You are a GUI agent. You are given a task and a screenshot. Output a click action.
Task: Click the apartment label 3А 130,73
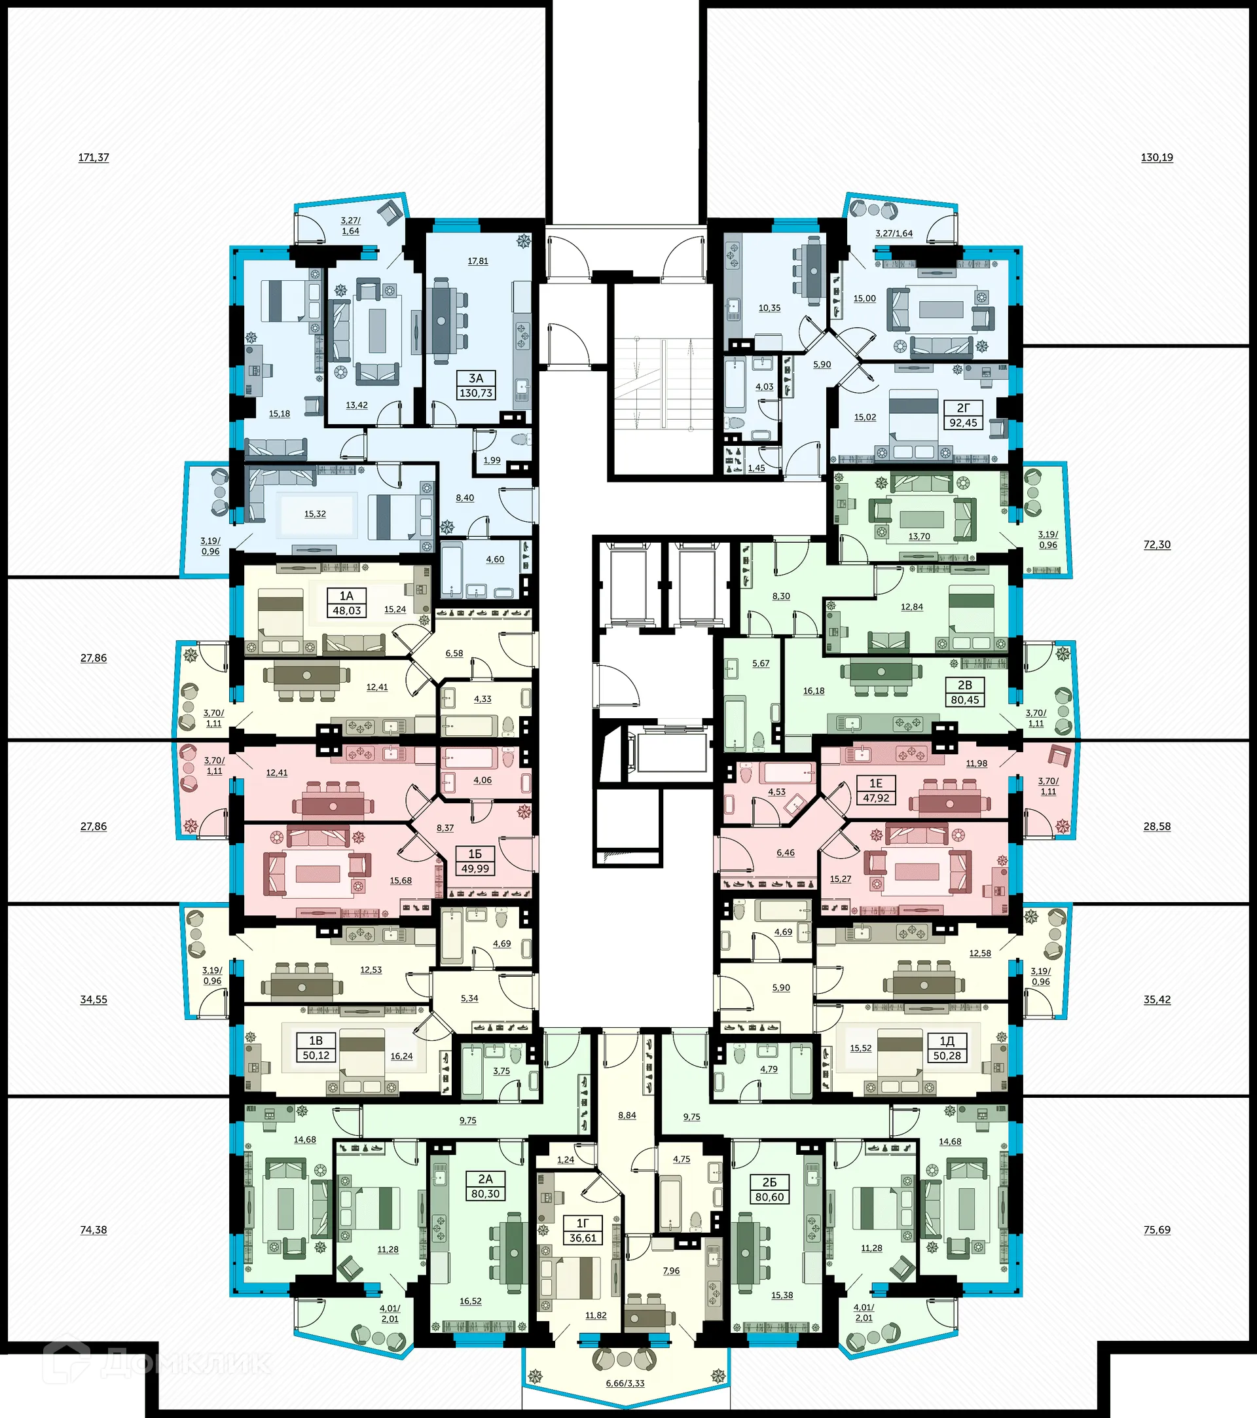476,386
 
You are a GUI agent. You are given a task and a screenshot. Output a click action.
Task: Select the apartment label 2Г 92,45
963,416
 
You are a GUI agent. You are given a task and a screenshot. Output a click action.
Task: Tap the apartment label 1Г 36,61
583,1231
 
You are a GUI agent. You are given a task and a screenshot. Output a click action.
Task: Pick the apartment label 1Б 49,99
475,861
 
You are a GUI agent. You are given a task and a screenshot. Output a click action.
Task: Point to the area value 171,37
94,158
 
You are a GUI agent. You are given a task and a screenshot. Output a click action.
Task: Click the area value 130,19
1156,158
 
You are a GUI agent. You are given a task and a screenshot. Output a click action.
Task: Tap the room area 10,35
769,308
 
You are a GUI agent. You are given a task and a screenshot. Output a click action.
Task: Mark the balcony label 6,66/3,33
625,1383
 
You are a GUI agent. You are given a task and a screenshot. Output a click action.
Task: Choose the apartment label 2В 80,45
964,693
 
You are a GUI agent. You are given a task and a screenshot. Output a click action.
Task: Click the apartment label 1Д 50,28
947,1048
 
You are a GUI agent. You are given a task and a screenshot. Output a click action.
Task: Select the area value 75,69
1156,1230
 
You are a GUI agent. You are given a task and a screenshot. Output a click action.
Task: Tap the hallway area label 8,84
627,1116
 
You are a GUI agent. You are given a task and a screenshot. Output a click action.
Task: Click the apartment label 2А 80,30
485,1186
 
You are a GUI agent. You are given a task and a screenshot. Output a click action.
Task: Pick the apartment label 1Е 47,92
875,790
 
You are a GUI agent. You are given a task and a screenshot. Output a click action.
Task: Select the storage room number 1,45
756,468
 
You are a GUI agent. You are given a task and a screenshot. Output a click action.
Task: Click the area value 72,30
1156,545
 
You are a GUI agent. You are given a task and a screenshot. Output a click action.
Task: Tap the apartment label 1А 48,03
346,603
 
